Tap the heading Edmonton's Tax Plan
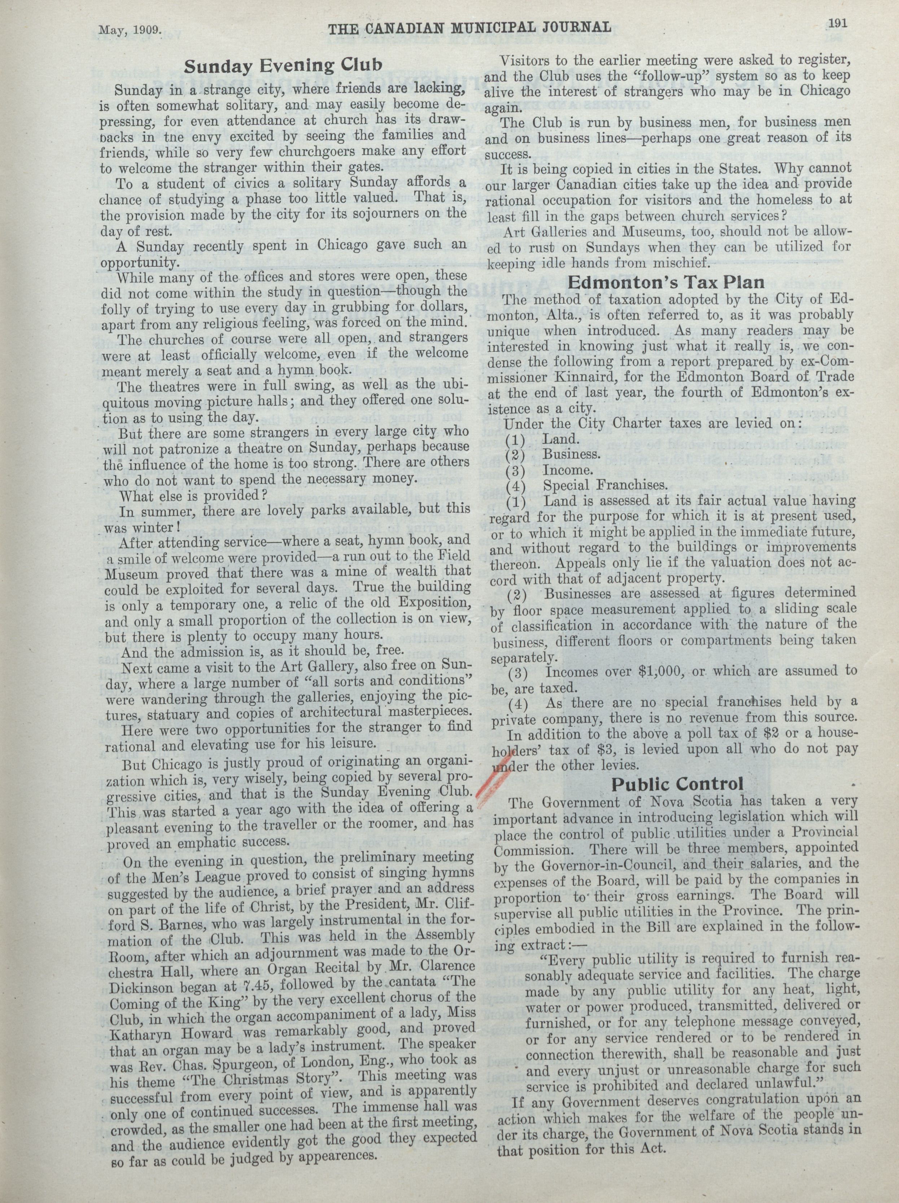666,282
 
